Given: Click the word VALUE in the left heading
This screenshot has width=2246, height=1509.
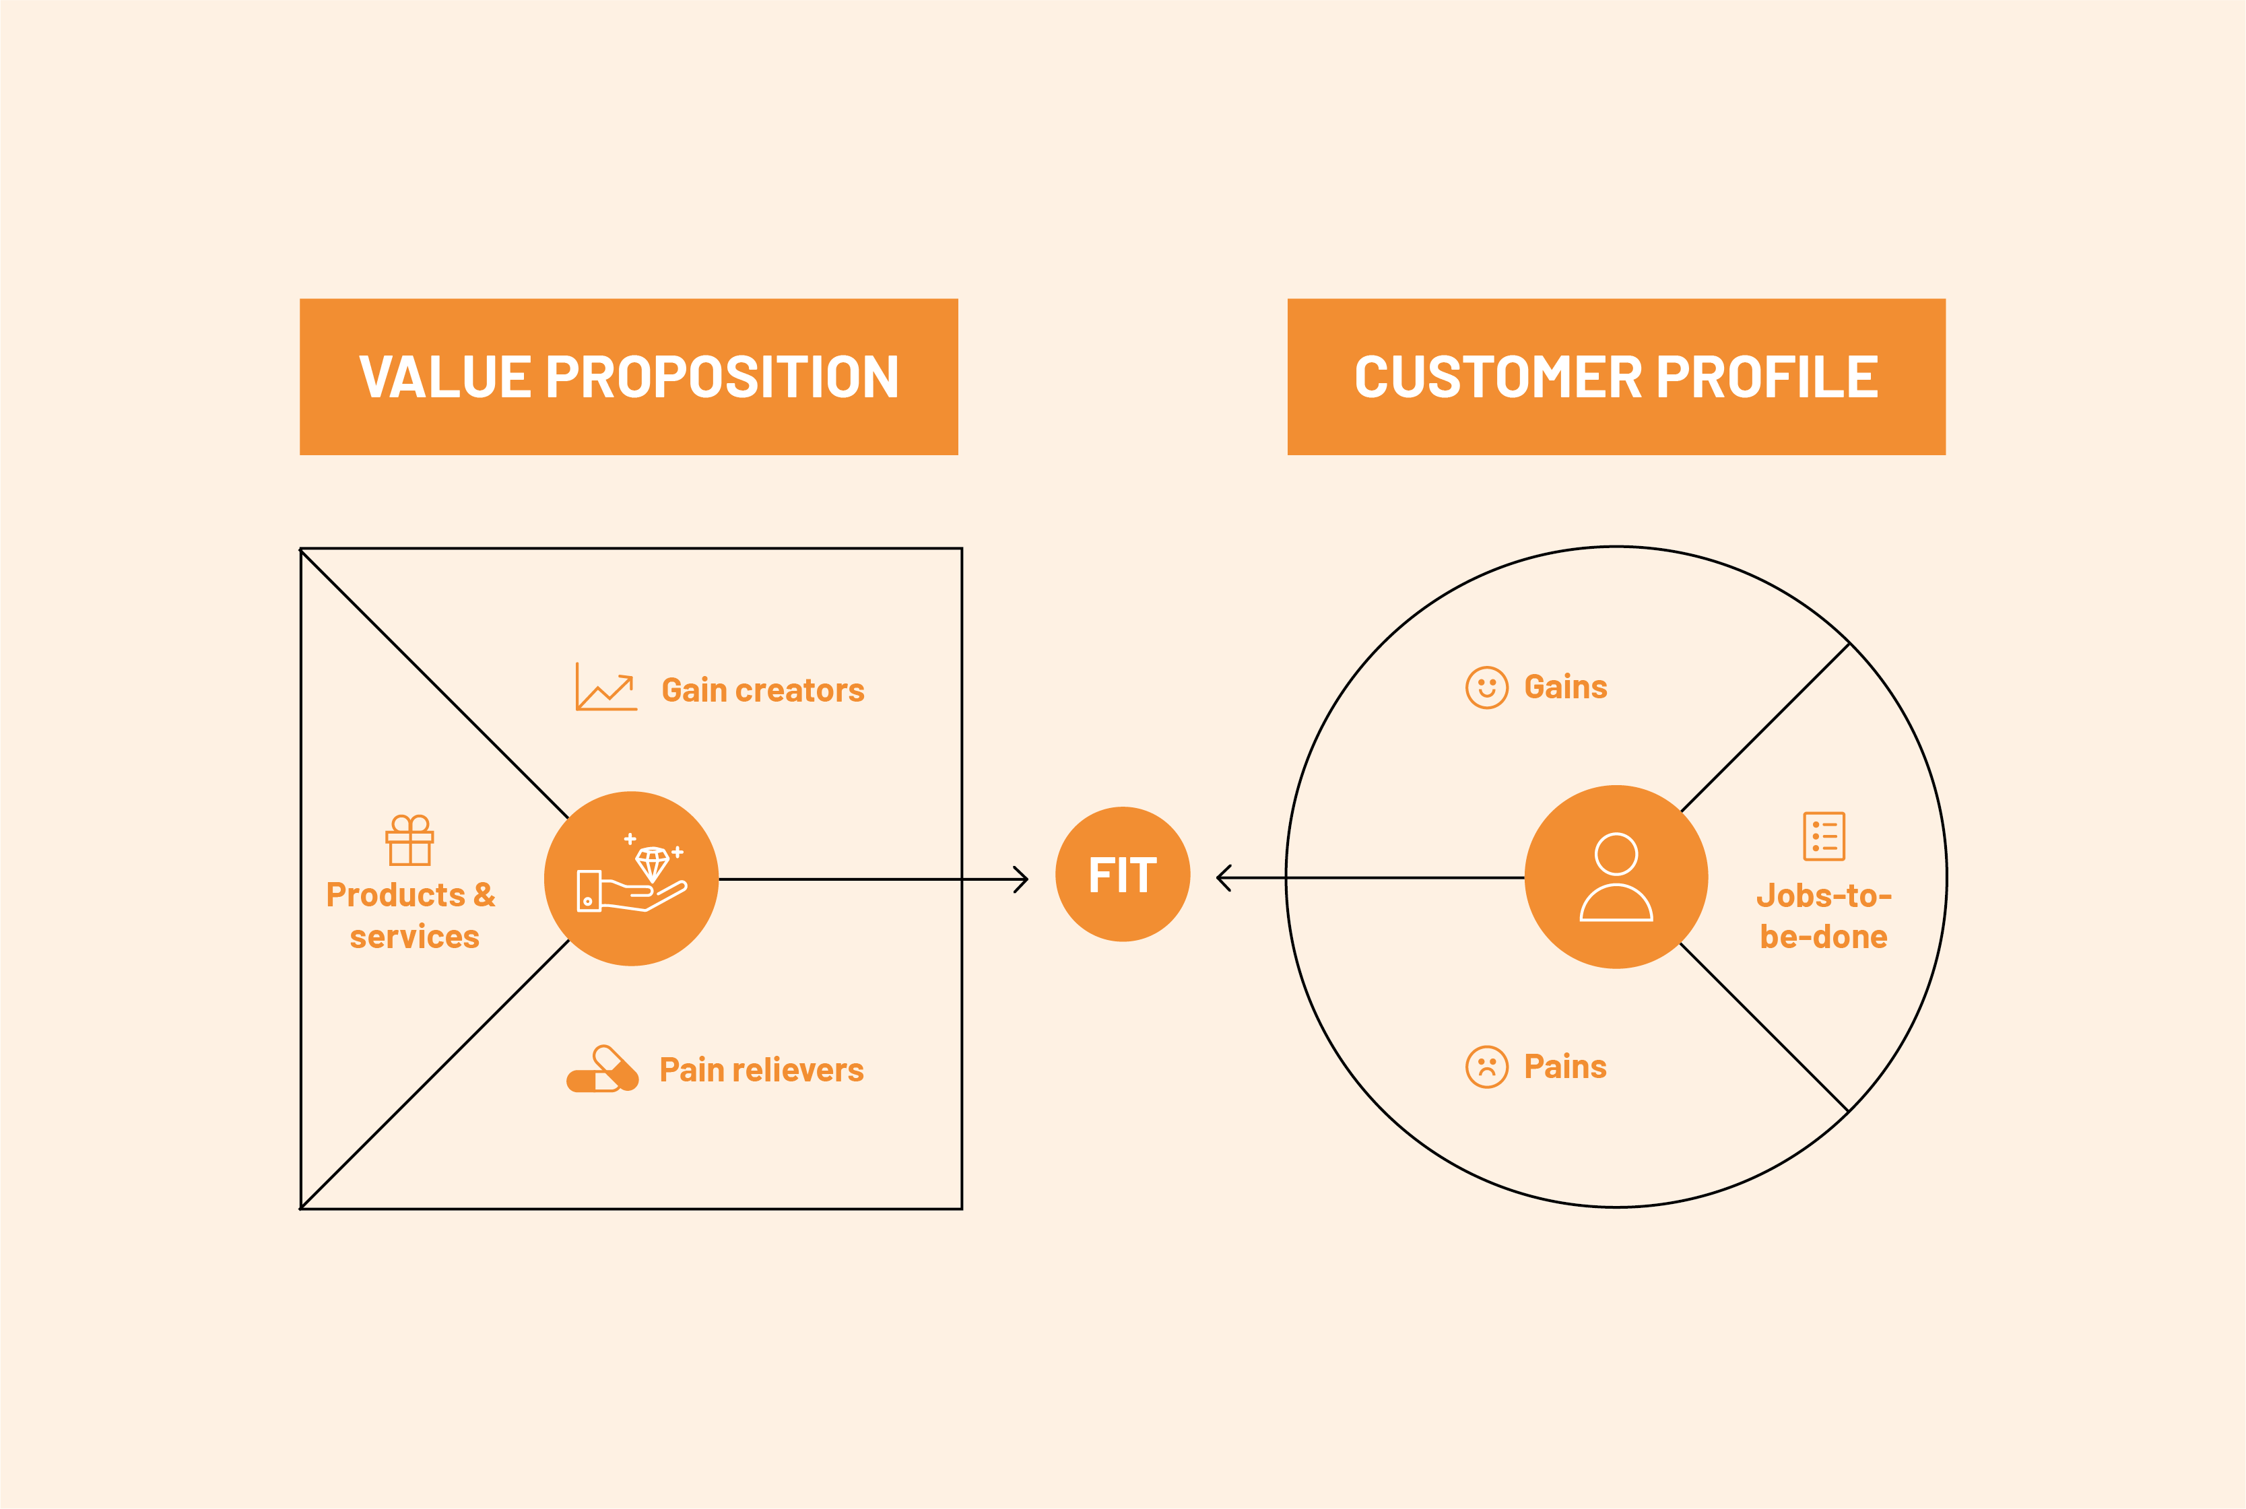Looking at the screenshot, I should point(444,377).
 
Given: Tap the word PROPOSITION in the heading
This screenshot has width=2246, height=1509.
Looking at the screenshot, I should point(722,377).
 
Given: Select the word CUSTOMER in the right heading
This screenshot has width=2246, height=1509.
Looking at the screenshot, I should point(1497,377).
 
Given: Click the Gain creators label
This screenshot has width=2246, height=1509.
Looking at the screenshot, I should point(762,690).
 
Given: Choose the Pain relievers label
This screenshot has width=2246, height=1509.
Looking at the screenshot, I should point(761,1069).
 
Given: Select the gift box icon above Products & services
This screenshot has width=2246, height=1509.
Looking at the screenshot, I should point(410,840).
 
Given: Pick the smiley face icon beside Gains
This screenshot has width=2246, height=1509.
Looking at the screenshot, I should point(1487,687).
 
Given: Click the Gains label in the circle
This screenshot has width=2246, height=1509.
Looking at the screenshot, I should point(1566,687).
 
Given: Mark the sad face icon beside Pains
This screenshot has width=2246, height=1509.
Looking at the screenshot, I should point(1487,1067).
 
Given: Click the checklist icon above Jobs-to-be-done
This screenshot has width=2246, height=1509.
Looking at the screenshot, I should point(1824,836).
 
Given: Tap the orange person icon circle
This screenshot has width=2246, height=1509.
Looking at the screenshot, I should point(1616,877).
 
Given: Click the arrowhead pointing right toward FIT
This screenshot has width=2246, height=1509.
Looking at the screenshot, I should point(1022,879).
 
